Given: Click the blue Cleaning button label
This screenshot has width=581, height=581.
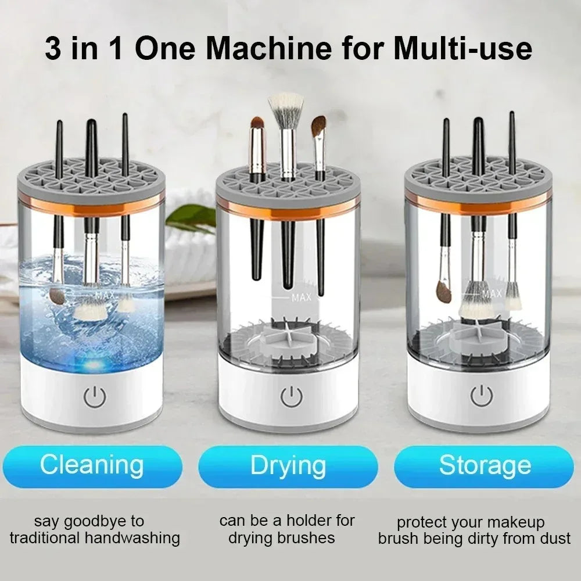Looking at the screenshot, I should [x=92, y=466].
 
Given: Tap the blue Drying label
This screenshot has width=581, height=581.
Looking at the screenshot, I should [x=288, y=466].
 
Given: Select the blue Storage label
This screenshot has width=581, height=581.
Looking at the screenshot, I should [x=485, y=466].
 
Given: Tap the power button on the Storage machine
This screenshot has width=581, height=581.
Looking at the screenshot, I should [x=482, y=396].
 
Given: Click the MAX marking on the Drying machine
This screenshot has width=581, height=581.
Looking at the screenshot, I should [x=302, y=298].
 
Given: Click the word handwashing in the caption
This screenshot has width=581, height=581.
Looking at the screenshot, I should [x=132, y=538].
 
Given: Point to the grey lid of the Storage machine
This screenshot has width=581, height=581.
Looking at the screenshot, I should [x=478, y=177].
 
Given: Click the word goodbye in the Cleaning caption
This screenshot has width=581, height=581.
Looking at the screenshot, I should [x=92, y=521].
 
